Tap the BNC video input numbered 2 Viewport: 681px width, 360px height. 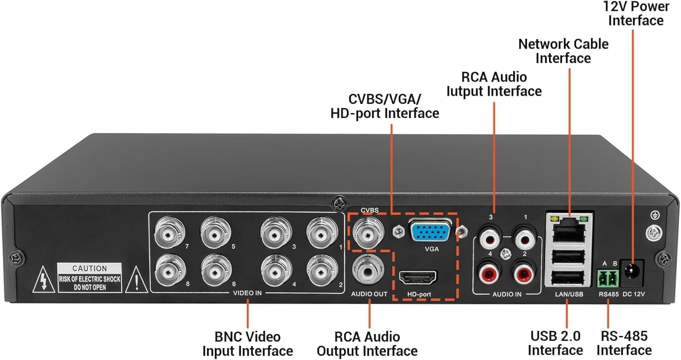point(321,271)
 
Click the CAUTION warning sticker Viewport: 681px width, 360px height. point(90,277)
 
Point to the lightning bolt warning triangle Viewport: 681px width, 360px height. point(42,282)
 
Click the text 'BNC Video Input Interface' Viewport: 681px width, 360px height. point(247,344)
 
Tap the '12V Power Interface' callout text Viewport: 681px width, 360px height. point(635,14)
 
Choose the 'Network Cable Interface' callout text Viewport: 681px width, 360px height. point(563,51)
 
